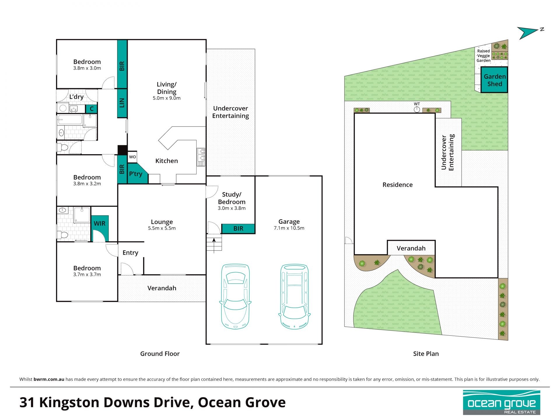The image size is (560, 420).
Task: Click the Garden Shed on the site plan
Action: click(494, 80)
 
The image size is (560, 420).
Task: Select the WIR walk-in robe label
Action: click(99, 223)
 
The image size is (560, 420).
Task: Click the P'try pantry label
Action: click(136, 174)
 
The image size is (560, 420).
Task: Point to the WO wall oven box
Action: click(132, 157)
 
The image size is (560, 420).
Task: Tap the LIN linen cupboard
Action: click(122, 103)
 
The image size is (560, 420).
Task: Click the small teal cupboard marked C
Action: click(91, 109)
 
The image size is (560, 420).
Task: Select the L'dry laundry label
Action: click(76, 97)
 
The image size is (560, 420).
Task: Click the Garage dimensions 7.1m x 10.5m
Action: click(289, 228)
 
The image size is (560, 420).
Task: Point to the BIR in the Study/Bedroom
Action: click(238, 229)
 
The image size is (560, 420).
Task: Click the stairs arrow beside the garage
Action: click(214, 245)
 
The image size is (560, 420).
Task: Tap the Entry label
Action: click(130, 253)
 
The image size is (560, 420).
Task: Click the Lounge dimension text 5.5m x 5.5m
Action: click(162, 228)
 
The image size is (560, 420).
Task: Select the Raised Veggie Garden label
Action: click(484, 56)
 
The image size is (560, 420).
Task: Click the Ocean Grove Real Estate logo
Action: click(502, 402)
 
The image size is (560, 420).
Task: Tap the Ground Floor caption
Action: click(160, 354)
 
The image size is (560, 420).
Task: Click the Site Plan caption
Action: click(426, 354)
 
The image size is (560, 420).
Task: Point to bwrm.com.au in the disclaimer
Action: click(49, 379)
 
